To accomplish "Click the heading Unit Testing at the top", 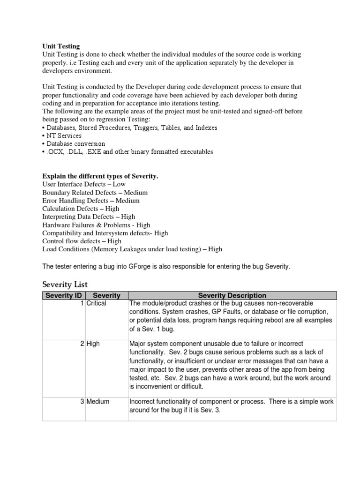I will point(61,46).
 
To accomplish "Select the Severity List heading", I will point(65,285).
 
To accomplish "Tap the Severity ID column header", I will point(64,295).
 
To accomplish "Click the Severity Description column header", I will point(232,295).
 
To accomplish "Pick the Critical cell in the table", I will point(97,303).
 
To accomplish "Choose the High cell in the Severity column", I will point(93,344).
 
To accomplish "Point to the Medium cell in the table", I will point(98,401).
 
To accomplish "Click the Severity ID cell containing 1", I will point(82,303).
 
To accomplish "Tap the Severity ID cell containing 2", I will point(82,344).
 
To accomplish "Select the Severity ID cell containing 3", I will point(82,401).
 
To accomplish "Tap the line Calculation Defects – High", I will point(81,208).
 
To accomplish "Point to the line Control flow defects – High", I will point(82,241).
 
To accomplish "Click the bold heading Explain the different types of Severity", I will point(100,176).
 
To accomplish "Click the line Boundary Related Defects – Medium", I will point(95,192).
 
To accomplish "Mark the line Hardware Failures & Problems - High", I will point(96,225).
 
